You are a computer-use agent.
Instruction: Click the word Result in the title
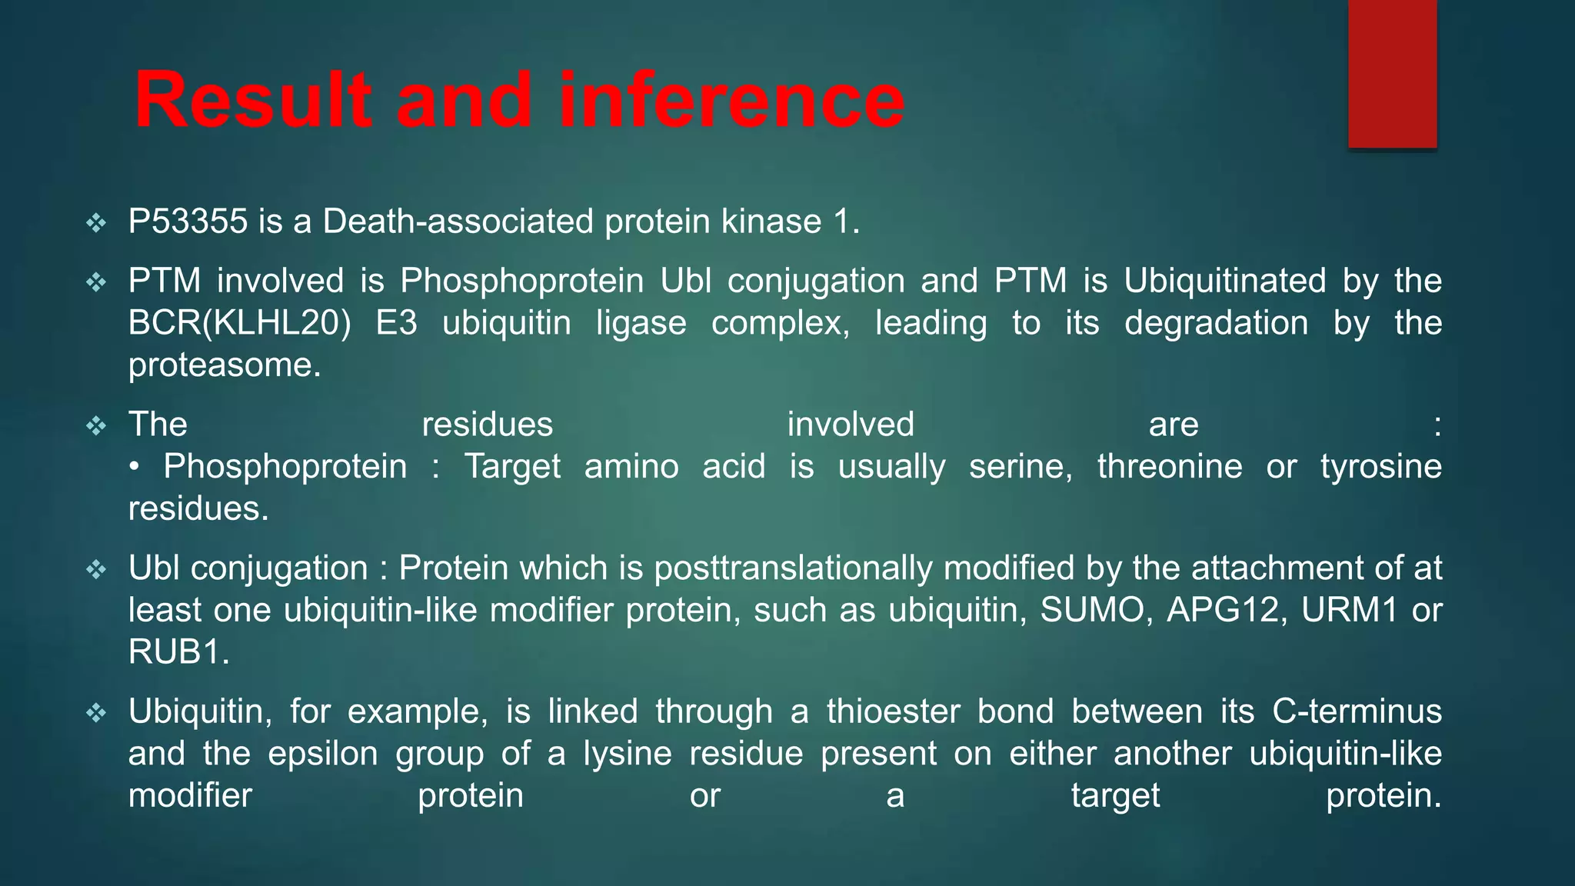[x=253, y=100]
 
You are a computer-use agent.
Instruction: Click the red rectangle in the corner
[x=1392, y=75]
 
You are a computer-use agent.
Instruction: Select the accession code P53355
[x=188, y=222]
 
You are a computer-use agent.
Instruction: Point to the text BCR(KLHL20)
[x=239, y=323]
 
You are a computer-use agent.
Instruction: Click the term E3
[x=396, y=323]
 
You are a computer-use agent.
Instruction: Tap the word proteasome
[x=224, y=365]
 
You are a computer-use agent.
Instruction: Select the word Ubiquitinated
[x=1224, y=281]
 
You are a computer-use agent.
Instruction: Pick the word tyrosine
[x=1380, y=467]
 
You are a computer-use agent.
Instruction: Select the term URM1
[x=1349, y=611]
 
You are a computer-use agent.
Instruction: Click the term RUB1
[x=178, y=652]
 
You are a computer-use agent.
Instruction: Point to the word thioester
[x=893, y=711]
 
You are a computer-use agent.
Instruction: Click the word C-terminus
[x=1357, y=711]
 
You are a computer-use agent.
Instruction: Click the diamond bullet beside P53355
[x=96, y=224]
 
